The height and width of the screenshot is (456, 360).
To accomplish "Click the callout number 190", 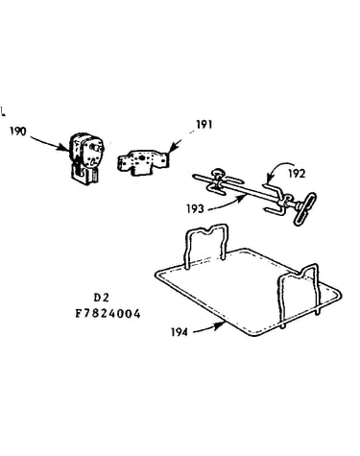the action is pyautogui.click(x=18, y=132).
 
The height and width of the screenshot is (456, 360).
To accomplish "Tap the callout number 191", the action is pyautogui.click(x=204, y=124).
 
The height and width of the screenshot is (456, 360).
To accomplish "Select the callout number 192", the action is pyautogui.click(x=297, y=174).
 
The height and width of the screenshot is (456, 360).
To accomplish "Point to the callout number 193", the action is pyautogui.click(x=195, y=208).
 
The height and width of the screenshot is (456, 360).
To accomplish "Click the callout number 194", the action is pyautogui.click(x=180, y=332).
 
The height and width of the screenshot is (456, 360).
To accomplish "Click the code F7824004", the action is pyautogui.click(x=108, y=314).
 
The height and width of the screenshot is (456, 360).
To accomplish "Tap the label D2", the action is pyautogui.click(x=102, y=298).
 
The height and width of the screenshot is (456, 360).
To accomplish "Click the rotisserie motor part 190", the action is pyautogui.click(x=85, y=158).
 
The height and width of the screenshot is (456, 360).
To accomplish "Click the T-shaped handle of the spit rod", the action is pyautogui.click(x=303, y=209).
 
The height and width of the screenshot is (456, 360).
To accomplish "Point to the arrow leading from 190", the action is pyautogui.click(x=50, y=142).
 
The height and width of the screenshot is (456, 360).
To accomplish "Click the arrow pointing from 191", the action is pyautogui.click(x=176, y=145).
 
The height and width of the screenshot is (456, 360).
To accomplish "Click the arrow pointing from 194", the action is pyautogui.click(x=208, y=328).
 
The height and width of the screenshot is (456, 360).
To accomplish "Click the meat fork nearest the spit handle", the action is pyautogui.click(x=276, y=199).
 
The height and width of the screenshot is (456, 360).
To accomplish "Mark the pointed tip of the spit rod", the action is pyautogui.click(x=194, y=176).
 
